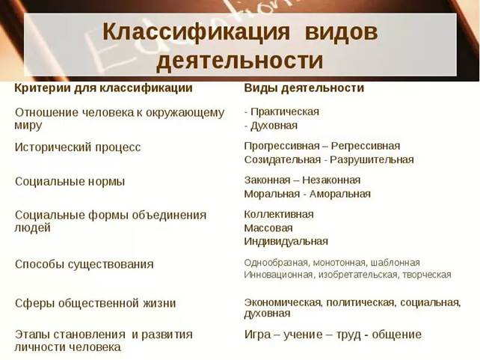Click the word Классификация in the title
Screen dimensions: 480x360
(x=196, y=31)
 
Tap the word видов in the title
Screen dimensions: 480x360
(x=342, y=32)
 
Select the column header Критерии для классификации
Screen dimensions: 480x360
(x=103, y=88)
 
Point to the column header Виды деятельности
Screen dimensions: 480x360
(x=304, y=88)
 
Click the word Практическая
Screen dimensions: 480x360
(x=285, y=112)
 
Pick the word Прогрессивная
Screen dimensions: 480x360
(x=282, y=146)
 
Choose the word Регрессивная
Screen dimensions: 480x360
(x=366, y=146)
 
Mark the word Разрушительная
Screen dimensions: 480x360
(x=372, y=160)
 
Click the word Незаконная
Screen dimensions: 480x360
(x=331, y=180)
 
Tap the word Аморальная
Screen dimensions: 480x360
(x=340, y=194)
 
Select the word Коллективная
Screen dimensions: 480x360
(x=279, y=214)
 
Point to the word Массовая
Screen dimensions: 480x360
(x=268, y=228)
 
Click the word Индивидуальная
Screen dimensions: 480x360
(x=286, y=242)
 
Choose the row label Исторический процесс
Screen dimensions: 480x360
(x=78, y=147)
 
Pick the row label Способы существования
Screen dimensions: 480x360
(x=84, y=264)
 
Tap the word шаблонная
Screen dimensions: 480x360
(x=396, y=263)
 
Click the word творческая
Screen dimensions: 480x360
(x=427, y=275)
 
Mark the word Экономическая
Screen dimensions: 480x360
(x=283, y=302)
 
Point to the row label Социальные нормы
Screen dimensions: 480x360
(x=70, y=182)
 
